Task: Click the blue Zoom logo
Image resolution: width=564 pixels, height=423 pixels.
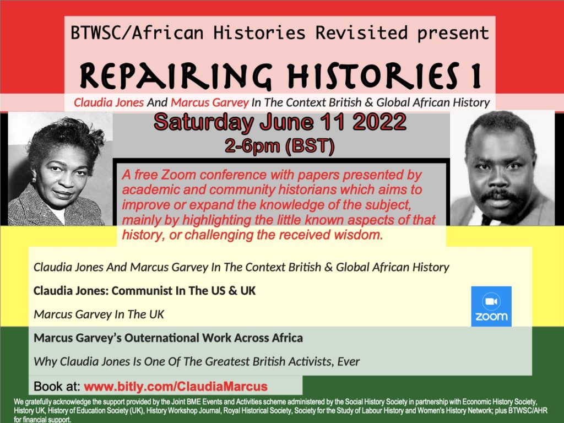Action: coord(491,306)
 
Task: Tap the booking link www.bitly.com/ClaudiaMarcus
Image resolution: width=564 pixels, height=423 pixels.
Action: coord(176,386)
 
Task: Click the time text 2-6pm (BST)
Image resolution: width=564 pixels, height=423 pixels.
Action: coord(279,145)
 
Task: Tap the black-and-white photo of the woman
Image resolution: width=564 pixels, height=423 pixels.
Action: coord(60,169)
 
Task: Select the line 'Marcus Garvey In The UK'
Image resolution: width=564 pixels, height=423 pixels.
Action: coord(99,314)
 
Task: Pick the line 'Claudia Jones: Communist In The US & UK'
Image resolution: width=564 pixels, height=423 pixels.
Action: coord(144,291)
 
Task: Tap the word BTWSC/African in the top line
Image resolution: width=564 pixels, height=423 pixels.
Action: coord(137,32)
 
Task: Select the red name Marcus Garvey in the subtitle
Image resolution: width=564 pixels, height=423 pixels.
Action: coord(210,102)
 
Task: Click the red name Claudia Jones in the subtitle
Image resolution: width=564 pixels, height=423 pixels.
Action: coord(109,102)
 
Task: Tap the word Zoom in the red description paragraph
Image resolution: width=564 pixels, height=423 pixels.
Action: coord(178,175)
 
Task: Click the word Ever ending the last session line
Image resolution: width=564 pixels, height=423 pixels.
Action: coord(349,361)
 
